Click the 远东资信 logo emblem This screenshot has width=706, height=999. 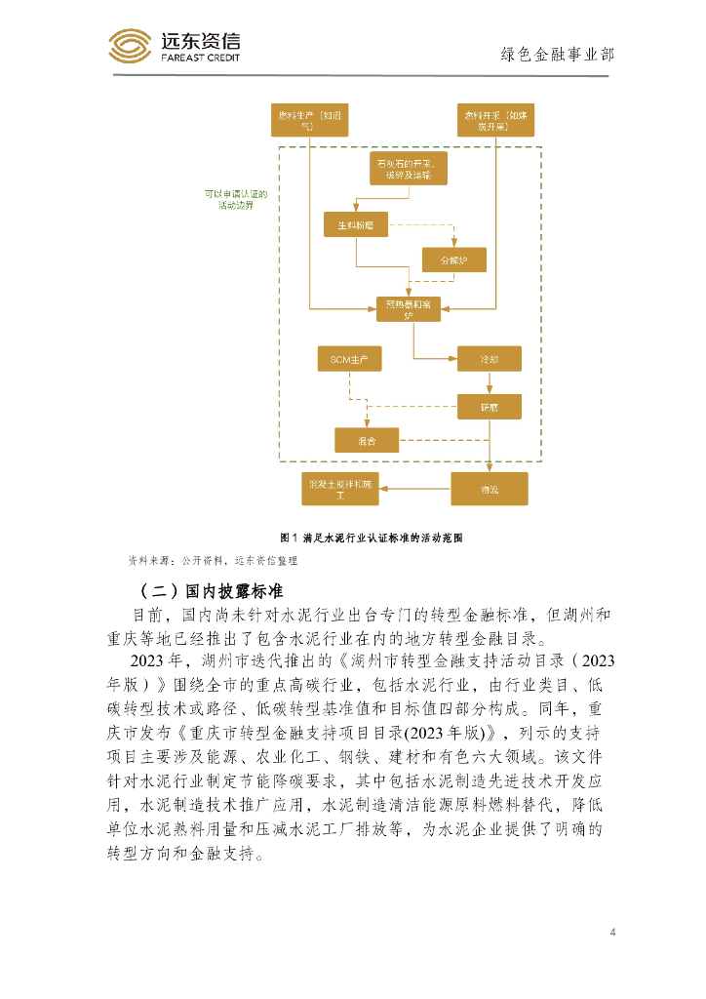(130, 46)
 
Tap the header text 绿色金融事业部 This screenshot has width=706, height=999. (557, 55)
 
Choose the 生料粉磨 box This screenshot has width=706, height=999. (355, 225)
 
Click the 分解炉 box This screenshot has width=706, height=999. (454, 260)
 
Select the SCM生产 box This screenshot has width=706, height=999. (349, 359)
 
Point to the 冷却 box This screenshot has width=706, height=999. (489, 359)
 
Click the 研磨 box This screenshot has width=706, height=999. (489, 406)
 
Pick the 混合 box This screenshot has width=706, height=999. (367, 441)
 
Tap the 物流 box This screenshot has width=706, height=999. (489, 488)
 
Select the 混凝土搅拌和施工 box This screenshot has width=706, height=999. (340, 489)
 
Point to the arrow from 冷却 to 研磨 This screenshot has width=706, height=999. (489, 382)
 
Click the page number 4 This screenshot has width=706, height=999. (612, 933)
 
